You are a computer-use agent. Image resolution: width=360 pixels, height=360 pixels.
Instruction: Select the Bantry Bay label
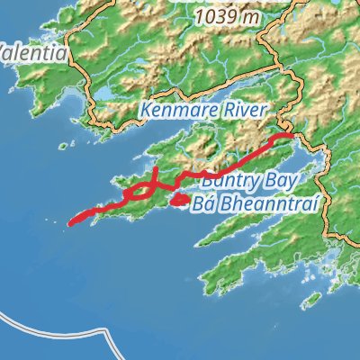pyautogui.click(x=238, y=181)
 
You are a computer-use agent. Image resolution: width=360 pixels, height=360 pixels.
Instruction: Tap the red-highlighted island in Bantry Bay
pyautogui.click(x=179, y=199)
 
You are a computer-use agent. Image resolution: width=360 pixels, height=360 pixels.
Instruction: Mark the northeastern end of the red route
pyautogui.click(x=292, y=136)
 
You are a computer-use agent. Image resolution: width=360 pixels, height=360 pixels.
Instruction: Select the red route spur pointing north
pyautogui.click(x=155, y=172)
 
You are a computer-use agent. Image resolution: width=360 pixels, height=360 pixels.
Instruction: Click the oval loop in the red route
pyautogui.click(x=139, y=191)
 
